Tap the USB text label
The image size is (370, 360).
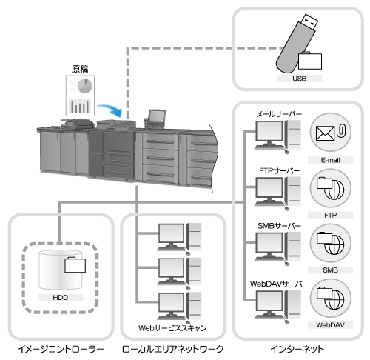(x=300, y=79)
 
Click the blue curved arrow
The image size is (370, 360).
(x=111, y=110)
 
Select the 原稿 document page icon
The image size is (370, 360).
(x=80, y=96)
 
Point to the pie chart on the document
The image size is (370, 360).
(x=85, y=86)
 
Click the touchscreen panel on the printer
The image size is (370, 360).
(x=156, y=116)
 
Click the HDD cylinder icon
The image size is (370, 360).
(x=61, y=270)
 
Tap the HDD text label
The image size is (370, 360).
(x=61, y=298)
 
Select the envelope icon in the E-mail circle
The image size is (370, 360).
(x=325, y=133)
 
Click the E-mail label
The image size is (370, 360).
(x=330, y=160)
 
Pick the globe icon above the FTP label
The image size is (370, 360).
(x=334, y=190)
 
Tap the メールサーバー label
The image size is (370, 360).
(x=279, y=114)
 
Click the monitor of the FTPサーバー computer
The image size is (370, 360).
(x=269, y=188)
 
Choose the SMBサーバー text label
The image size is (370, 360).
(x=279, y=226)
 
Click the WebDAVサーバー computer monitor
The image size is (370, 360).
(x=269, y=301)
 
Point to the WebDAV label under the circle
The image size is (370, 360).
(x=330, y=325)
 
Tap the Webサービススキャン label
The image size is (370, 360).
(x=172, y=328)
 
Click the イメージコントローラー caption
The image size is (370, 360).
(x=61, y=349)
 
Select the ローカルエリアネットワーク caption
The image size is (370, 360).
(x=173, y=349)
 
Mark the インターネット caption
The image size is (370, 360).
(x=297, y=349)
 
